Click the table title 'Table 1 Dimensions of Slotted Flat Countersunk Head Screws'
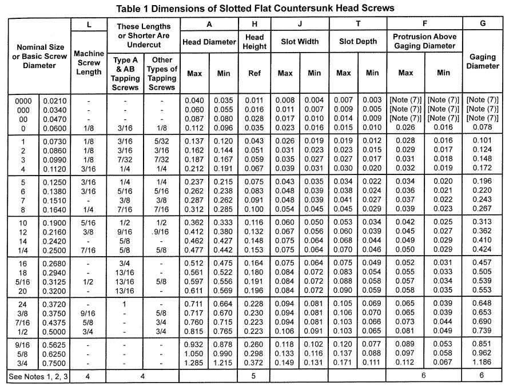pyautogui.click(x=255, y=9)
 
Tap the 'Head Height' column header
pyautogui.click(x=255, y=42)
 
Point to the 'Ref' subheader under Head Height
pyautogui.click(x=255, y=73)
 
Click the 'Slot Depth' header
pyautogui.click(x=358, y=42)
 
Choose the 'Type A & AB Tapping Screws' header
pyautogui.click(x=125, y=73)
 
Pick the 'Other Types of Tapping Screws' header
pyautogui.click(x=162, y=73)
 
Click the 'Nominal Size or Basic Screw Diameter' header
pyautogui.click(x=39, y=56)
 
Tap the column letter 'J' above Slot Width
pyautogui.click(x=300, y=25)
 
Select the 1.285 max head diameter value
pyautogui.click(x=194, y=363)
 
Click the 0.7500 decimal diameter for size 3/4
pyautogui.click(x=54, y=363)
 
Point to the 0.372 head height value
pyautogui.click(x=255, y=363)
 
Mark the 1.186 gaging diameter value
pyautogui.click(x=483, y=363)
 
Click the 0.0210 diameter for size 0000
pyautogui.click(x=54, y=101)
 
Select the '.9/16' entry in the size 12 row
pyautogui.click(x=162, y=232)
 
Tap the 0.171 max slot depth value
pyautogui.click(x=344, y=363)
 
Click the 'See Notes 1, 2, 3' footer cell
pyautogui.click(x=39, y=377)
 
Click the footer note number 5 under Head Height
pyautogui.click(x=255, y=377)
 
